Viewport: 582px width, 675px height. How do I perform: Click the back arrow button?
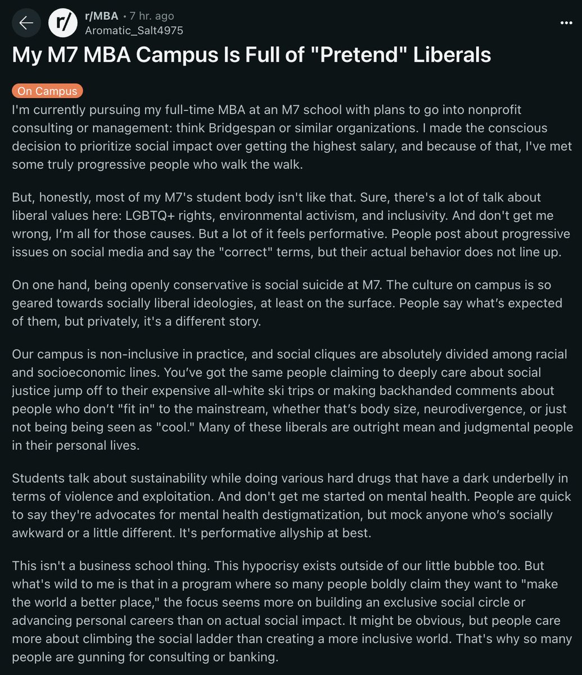(x=26, y=23)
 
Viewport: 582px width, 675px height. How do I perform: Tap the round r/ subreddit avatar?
(x=62, y=23)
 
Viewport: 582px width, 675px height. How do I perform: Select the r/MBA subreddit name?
(x=101, y=16)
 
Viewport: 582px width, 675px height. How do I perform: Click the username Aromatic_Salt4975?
(x=134, y=30)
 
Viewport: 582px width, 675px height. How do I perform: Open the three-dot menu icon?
(x=566, y=23)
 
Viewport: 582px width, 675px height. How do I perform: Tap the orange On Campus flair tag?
(x=47, y=91)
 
